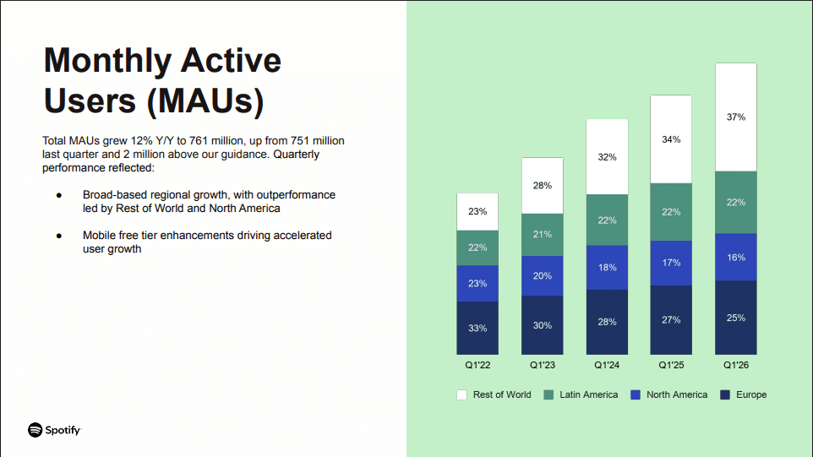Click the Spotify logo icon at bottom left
pyautogui.click(x=35, y=430)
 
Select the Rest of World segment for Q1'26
pyautogui.click(x=735, y=117)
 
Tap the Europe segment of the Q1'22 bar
pyautogui.click(x=477, y=328)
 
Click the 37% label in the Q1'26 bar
pyautogui.click(x=735, y=117)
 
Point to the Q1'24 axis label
pyautogui.click(x=607, y=366)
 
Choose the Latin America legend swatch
pyautogui.click(x=548, y=394)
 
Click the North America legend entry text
pyautogui.click(x=677, y=394)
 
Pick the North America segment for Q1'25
pyautogui.click(x=671, y=263)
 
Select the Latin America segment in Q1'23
pyautogui.click(x=543, y=235)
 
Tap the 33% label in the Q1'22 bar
pyautogui.click(x=477, y=328)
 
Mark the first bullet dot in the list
pyautogui.click(x=59, y=195)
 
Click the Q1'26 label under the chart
pyautogui.click(x=735, y=366)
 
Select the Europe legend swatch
pyautogui.click(x=725, y=394)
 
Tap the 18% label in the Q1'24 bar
pyautogui.click(x=607, y=268)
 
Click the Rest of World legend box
pyautogui.click(x=461, y=394)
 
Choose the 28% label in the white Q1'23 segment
pyautogui.click(x=543, y=185)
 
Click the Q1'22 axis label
pyautogui.click(x=477, y=366)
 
